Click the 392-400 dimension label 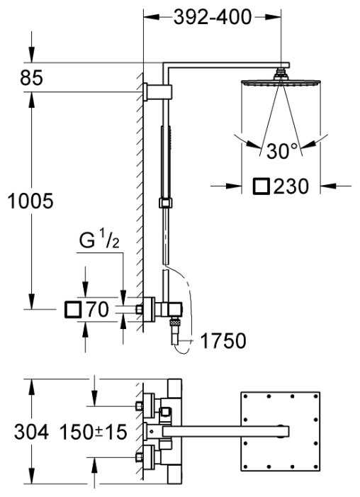[213, 18]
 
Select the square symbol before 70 [73, 309]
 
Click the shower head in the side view [282, 83]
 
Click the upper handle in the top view [152, 405]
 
